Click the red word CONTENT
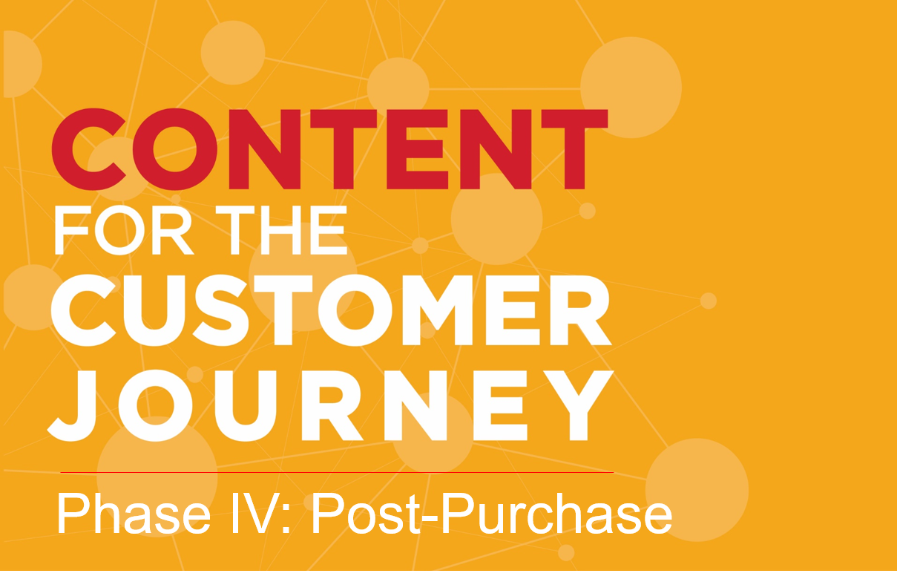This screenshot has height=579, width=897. (329, 148)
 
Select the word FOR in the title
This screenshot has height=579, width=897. (124, 230)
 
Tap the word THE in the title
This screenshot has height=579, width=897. (281, 230)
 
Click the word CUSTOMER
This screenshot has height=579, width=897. (331, 310)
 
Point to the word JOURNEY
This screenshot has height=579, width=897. (330, 405)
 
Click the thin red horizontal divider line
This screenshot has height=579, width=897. (337, 472)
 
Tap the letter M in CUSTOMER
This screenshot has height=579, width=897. (437, 310)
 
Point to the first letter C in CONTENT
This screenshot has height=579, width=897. (89, 149)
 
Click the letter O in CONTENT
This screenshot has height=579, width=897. (174, 149)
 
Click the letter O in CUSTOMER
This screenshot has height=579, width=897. (355, 310)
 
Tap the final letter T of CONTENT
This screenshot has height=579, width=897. (575, 148)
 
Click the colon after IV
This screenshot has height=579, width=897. (286, 520)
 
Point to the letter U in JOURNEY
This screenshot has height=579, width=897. (246, 405)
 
